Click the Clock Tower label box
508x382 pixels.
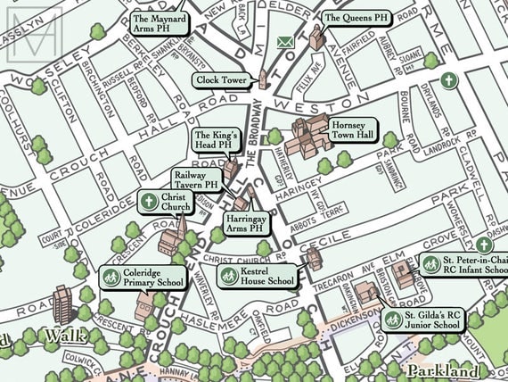click(221, 80)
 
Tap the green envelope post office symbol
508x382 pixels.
click(285, 42)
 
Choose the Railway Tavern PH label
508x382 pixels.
click(195, 180)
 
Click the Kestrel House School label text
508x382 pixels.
click(267, 276)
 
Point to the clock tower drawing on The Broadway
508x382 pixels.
click(263, 76)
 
